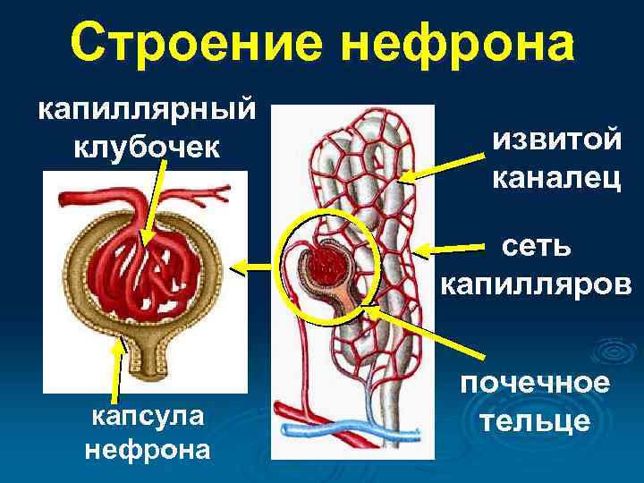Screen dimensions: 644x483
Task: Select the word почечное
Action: pyautogui.click(x=536, y=382)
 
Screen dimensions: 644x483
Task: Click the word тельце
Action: pyautogui.click(x=536, y=419)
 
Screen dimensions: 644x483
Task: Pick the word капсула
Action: pyautogui.click(x=147, y=414)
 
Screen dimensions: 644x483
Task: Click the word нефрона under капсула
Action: pyautogui.click(x=147, y=448)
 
